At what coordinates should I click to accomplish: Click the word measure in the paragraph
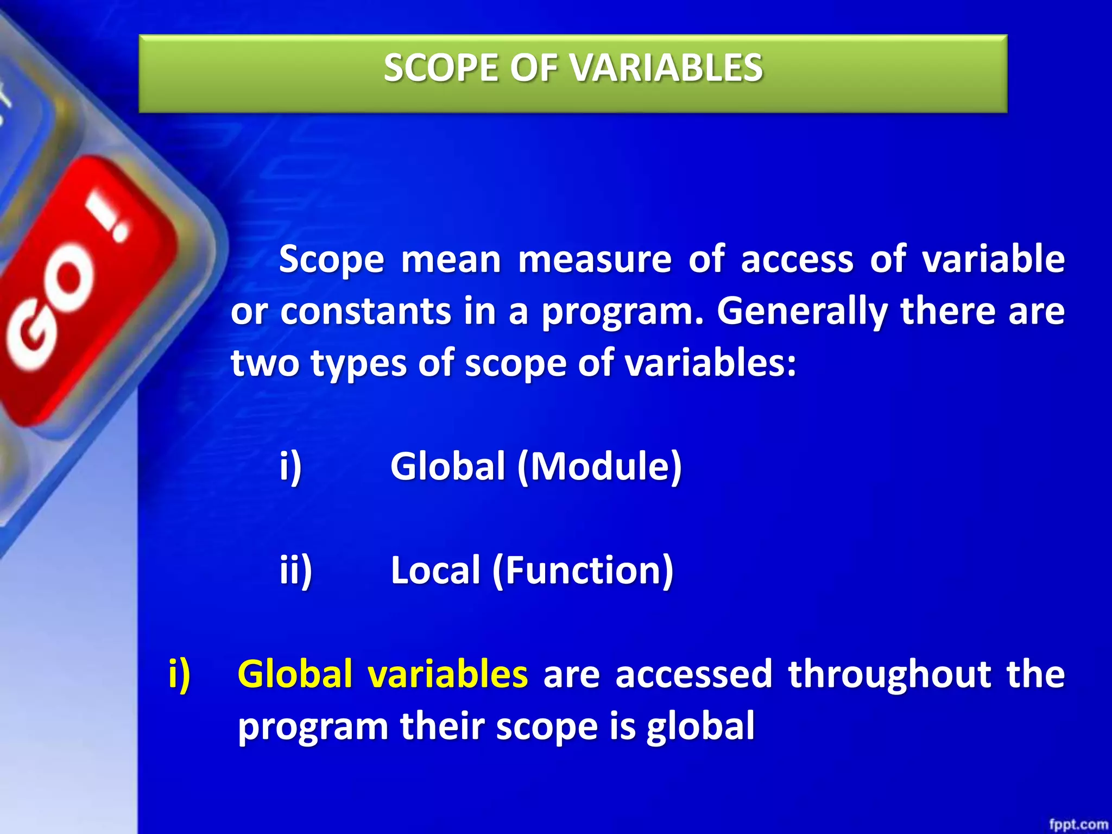click(595, 260)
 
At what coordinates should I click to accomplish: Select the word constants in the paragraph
click(365, 312)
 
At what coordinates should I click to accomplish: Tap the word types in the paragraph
click(358, 364)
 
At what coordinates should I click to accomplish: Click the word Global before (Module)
click(448, 466)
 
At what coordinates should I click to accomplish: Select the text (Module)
click(599, 467)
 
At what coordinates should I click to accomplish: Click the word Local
click(435, 571)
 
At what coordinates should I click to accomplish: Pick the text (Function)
click(583, 572)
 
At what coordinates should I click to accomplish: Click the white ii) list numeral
click(296, 571)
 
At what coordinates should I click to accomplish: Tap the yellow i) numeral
click(179, 675)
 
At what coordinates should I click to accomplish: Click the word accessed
click(693, 674)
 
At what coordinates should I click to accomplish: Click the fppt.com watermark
click(1078, 824)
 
